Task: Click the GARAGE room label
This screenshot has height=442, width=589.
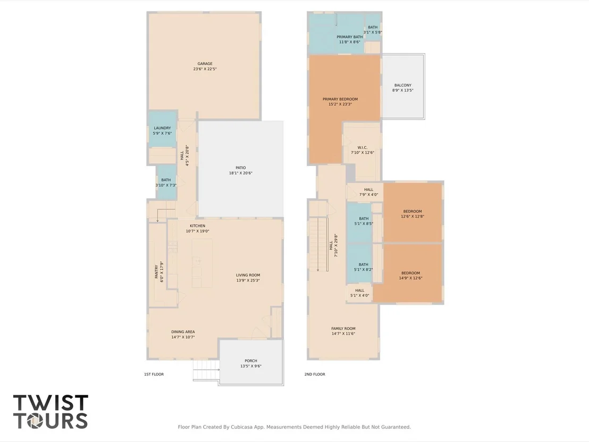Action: (205, 64)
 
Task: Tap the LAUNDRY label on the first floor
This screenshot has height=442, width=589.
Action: (162, 128)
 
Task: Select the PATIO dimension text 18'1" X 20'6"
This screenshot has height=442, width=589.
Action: (241, 173)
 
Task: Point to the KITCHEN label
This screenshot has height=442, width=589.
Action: (198, 226)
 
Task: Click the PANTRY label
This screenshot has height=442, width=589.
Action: (157, 272)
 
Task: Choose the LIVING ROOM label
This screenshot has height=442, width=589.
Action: (248, 275)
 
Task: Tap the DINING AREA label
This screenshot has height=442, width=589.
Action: (183, 332)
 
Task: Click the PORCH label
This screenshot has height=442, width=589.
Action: (251, 361)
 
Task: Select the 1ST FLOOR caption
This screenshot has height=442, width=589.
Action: (154, 374)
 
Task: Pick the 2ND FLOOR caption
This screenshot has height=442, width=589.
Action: (315, 374)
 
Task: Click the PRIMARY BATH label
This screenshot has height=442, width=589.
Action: (350, 37)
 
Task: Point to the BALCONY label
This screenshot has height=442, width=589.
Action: (403, 85)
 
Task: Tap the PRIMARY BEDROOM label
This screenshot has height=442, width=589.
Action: (340, 99)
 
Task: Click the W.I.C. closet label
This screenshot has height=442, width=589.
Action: (363, 148)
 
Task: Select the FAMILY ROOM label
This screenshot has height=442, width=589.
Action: (343, 329)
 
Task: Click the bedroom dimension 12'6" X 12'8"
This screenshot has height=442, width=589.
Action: (413, 216)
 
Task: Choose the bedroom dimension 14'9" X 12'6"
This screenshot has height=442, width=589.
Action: (410, 279)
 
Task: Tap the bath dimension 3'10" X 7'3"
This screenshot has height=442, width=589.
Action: (166, 185)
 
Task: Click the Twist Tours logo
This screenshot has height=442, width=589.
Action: (51, 412)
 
